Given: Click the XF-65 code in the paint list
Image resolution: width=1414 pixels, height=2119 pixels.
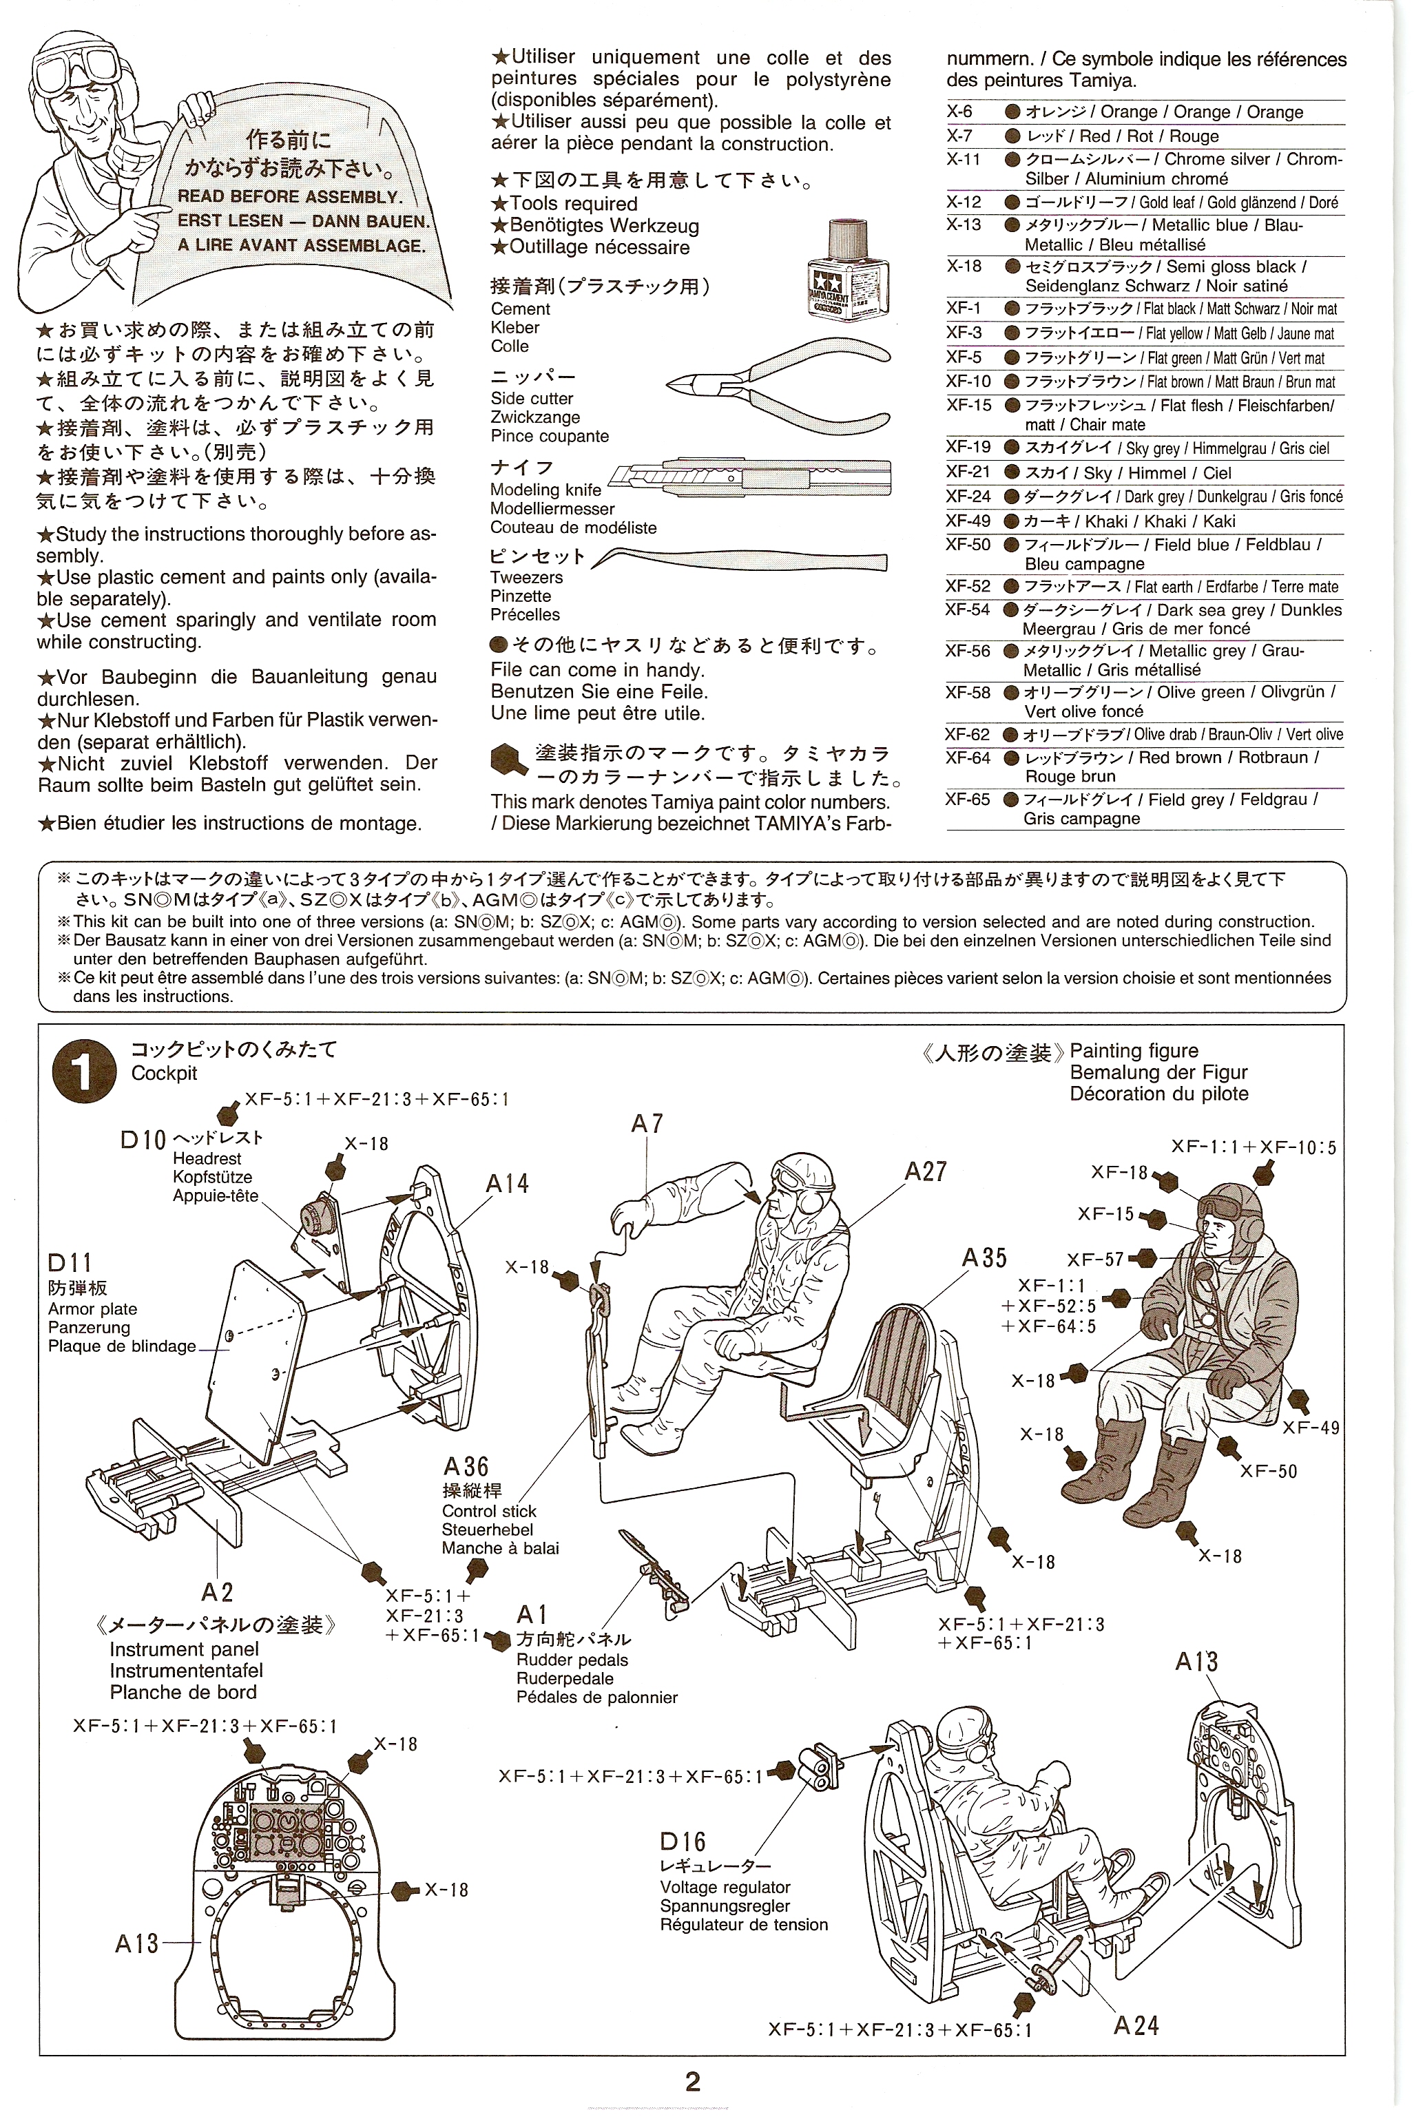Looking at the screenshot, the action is click(968, 799).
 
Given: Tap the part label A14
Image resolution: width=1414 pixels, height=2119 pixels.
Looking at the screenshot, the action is click(507, 1183).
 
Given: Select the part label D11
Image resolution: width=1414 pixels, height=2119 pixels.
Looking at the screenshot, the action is click(70, 1263).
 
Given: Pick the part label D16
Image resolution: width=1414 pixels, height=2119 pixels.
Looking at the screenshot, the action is click(683, 1841).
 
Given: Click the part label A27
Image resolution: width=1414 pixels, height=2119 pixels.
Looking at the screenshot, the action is click(926, 1171).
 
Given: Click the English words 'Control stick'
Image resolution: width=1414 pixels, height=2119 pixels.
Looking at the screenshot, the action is click(489, 1511).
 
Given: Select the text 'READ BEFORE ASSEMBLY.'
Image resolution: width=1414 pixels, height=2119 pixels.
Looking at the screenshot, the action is click(289, 196).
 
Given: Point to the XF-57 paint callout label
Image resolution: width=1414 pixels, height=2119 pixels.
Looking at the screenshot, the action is click(1096, 1260).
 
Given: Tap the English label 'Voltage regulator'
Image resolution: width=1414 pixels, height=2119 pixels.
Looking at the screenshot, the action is click(725, 1887).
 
